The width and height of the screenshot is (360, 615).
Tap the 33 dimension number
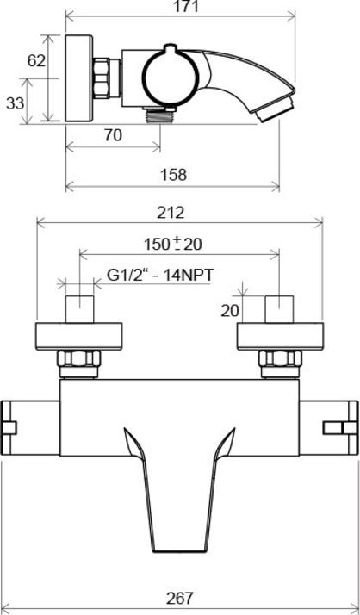click(x=15, y=103)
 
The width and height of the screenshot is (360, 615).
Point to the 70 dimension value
click(x=113, y=135)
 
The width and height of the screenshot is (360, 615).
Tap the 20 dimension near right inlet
click(x=229, y=310)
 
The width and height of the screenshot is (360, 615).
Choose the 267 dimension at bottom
click(x=180, y=598)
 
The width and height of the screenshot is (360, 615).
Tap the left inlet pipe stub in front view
click(x=81, y=308)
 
